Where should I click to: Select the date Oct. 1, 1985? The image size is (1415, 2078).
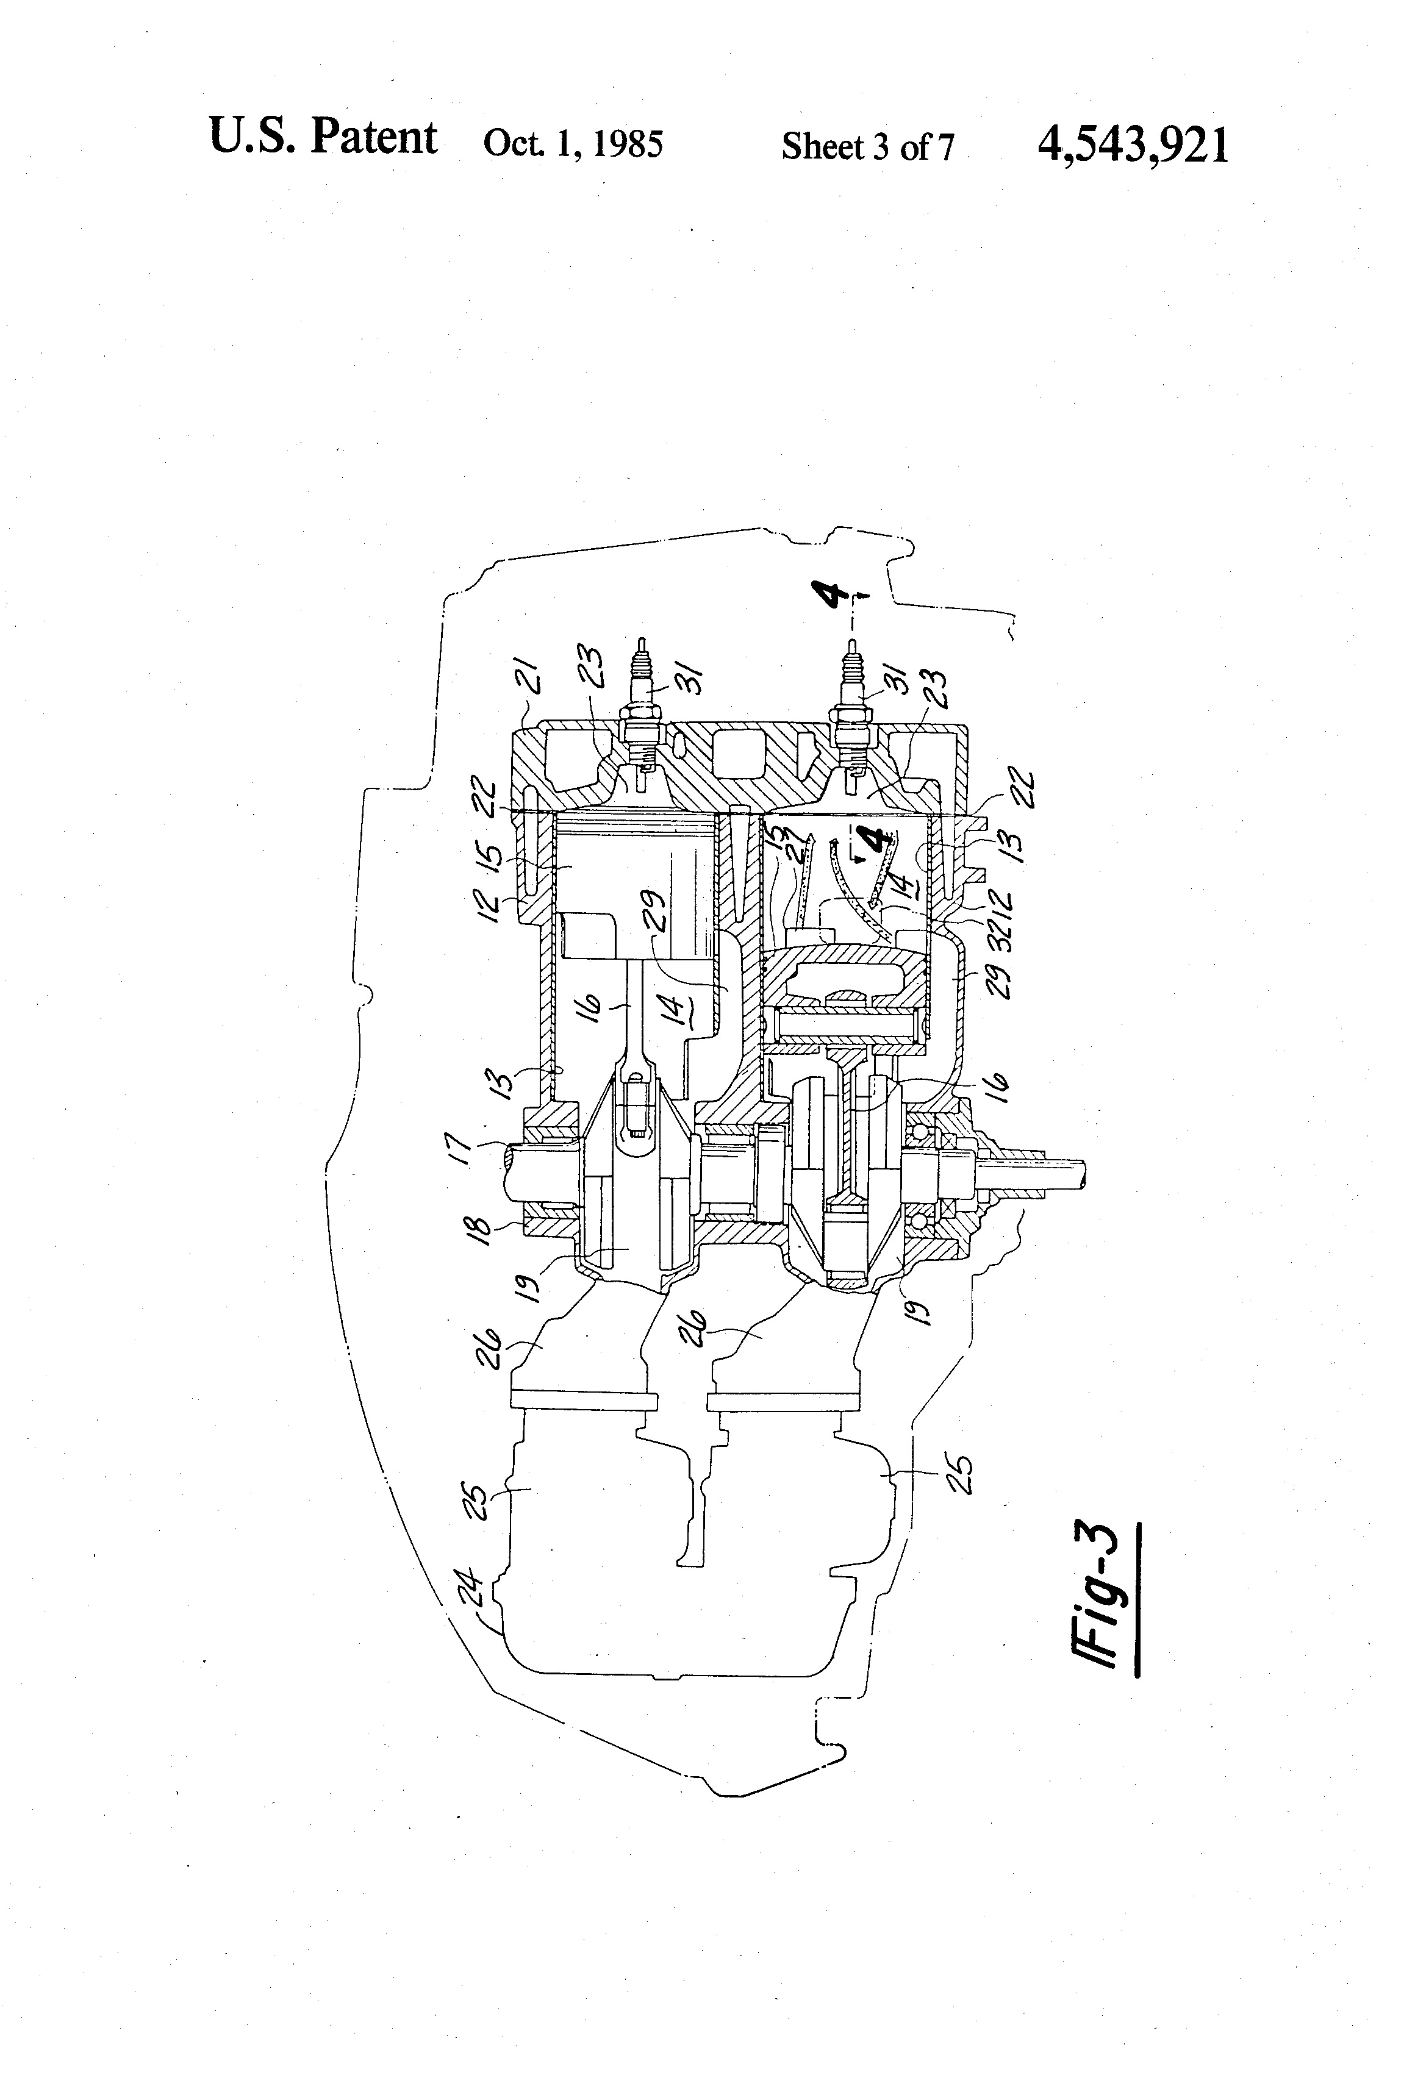573,144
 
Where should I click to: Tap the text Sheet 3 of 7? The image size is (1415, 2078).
868,146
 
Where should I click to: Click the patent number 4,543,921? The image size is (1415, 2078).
1133,144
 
